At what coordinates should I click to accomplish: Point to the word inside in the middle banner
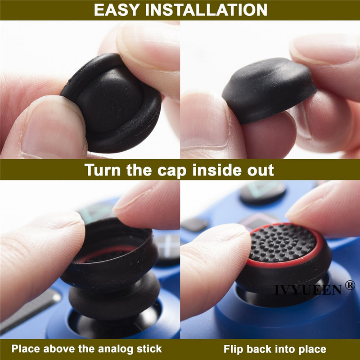click(x=212, y=170)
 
